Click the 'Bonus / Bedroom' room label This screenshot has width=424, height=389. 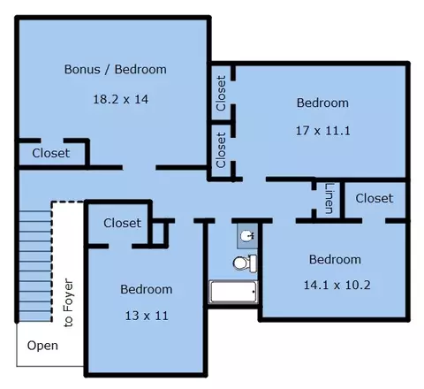[x=116, y=70]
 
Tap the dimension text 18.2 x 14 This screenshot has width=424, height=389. [x=121, y=99]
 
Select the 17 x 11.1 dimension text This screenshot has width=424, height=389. [x=323, y=131]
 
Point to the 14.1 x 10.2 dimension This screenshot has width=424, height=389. [x=337, y=285]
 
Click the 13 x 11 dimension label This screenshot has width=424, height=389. [x=147, y=316]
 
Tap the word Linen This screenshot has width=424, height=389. [x=329, y=198]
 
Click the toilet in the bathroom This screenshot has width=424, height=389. [x=245, y=263]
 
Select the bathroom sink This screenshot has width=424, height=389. [x=246, y=236]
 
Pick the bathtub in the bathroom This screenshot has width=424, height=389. [x=233, y=292]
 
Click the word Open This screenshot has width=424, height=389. [x=42, y=346]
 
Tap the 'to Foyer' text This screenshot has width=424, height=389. [x=68, y=302]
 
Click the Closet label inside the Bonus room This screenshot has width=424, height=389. [x=51, y=153]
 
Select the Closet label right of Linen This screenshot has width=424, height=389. [x=375, y=198]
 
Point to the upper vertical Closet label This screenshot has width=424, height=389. [x=221, y=94]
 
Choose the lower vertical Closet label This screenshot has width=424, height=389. [x=221, y=150]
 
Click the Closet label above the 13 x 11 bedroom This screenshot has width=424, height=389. [x=122, y=223]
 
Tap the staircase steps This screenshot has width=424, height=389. [x=35, y=265]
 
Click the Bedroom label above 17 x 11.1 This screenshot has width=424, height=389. [x=322, y=103]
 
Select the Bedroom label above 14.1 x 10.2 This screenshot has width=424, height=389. [x=335, y=260]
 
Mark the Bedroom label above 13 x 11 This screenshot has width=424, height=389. [x=147, y=289]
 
